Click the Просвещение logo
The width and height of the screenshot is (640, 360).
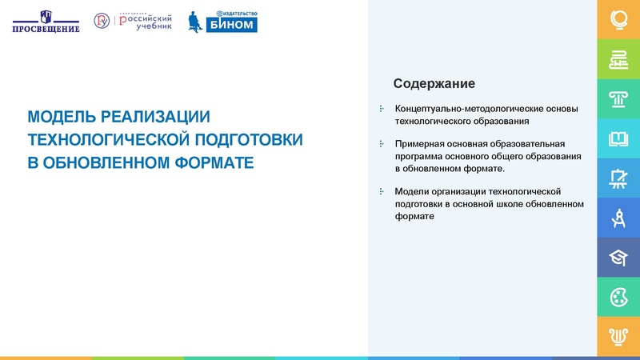coord(46,22)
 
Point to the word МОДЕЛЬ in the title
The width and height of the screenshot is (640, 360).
coord(63,117)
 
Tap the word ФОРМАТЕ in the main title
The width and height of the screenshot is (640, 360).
coord(208,162)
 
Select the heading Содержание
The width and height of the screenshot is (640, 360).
coord(434,84)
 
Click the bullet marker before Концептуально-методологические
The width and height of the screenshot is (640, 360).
coord(381,108)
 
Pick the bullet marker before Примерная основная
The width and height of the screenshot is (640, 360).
coord(381,143)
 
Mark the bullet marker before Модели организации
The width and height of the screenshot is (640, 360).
coord(381,191)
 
